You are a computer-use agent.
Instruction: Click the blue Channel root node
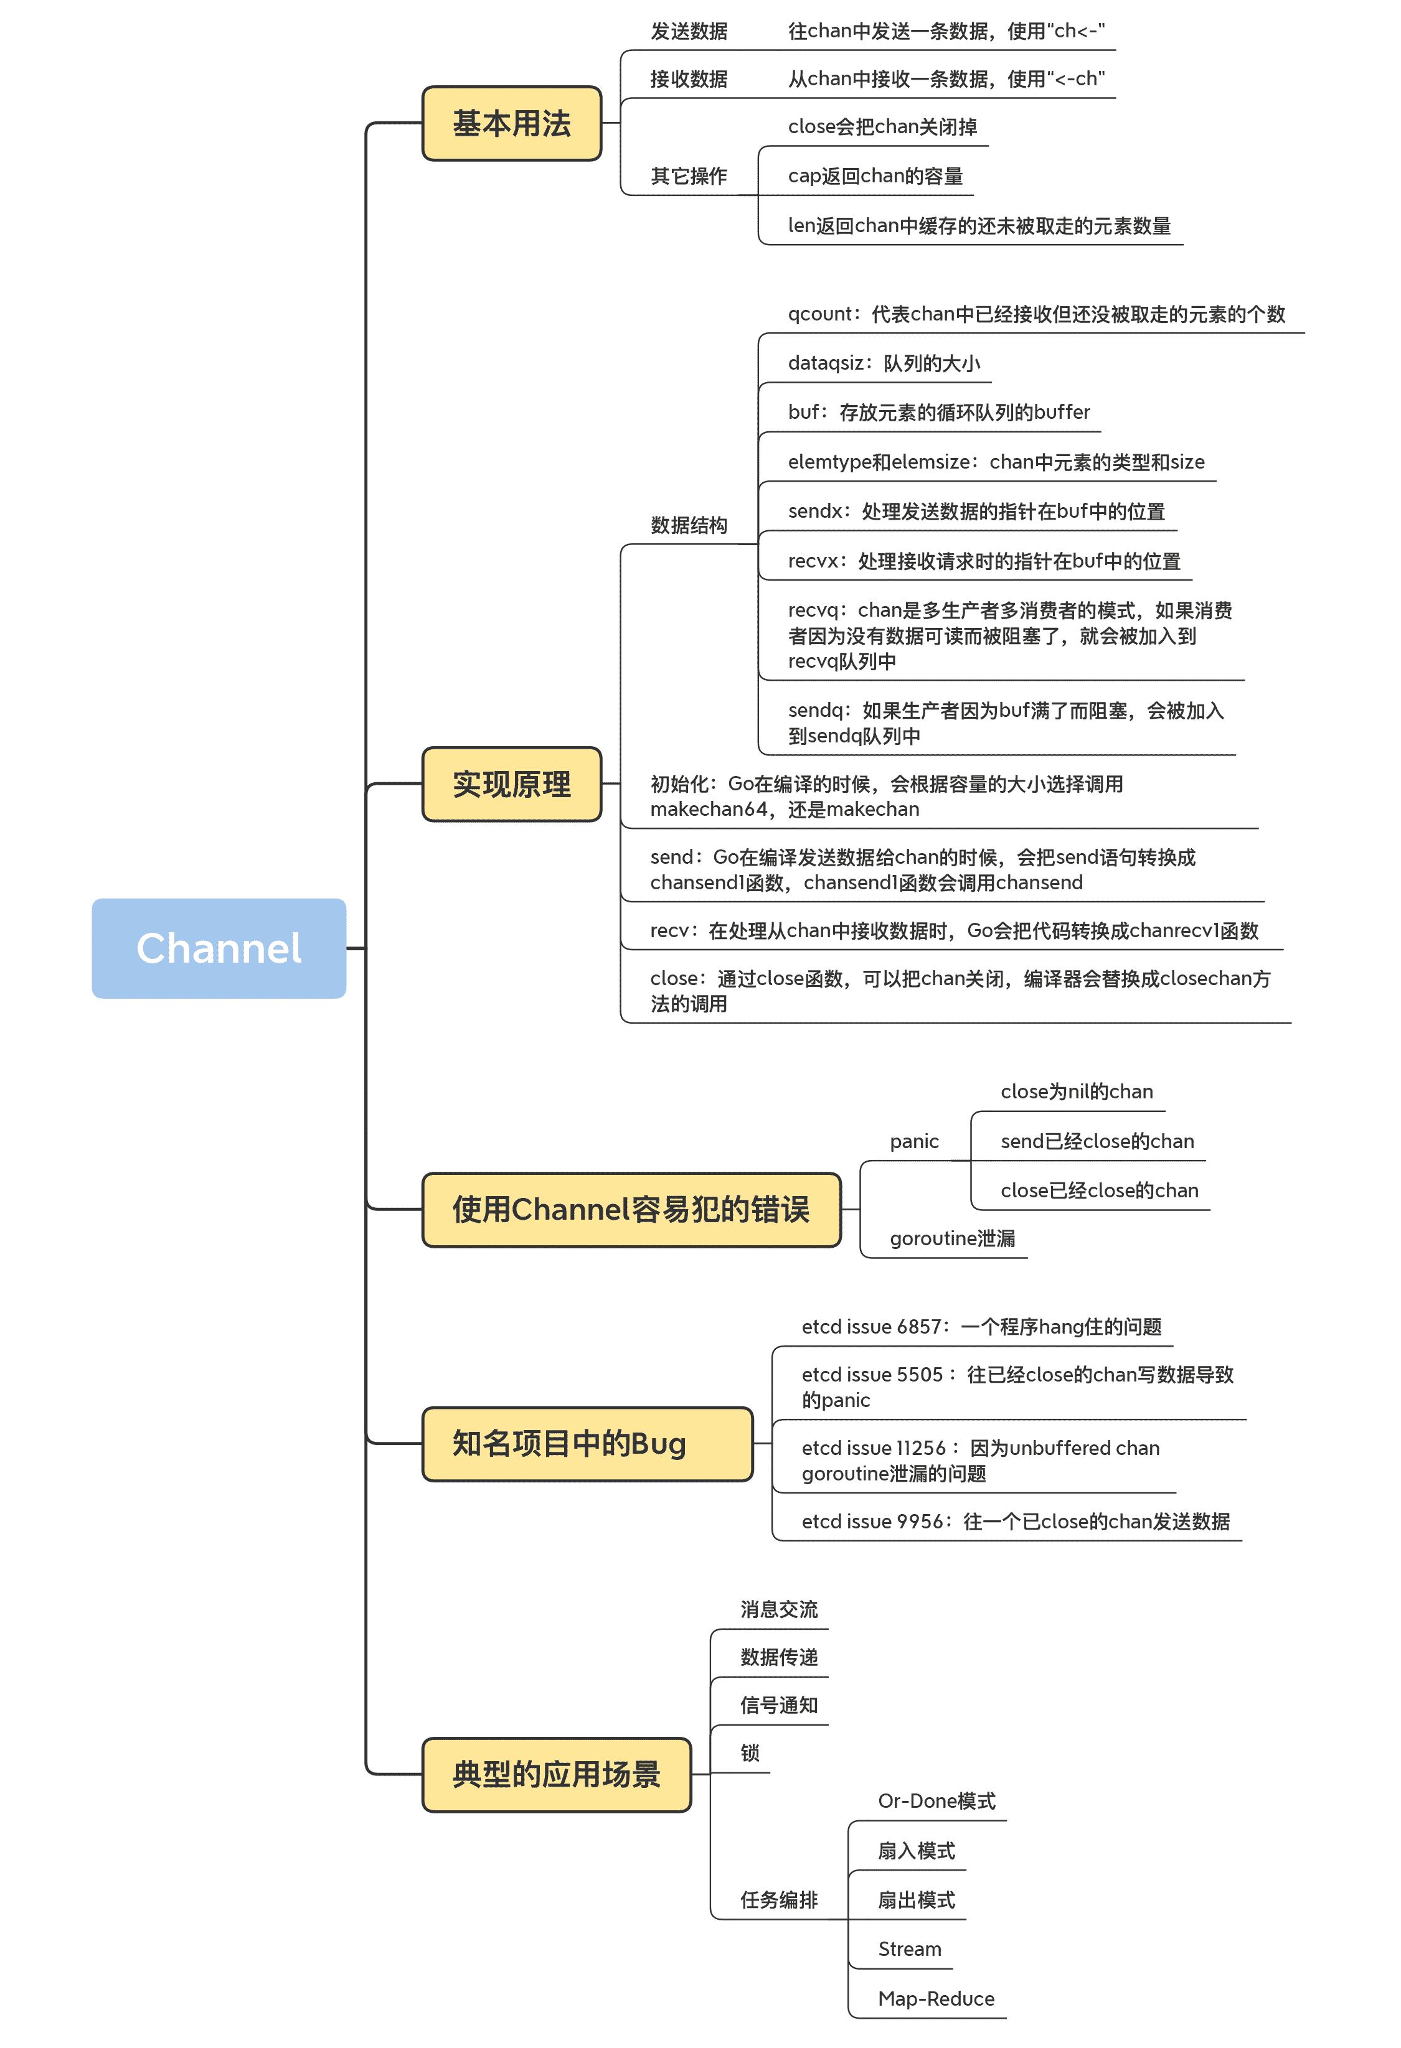[219, 948]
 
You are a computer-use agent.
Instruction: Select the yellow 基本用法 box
[511, 123]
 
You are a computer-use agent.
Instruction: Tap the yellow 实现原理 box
[511, 784]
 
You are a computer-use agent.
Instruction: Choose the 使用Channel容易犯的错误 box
[631, 1209]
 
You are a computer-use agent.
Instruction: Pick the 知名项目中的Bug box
[587, 1444]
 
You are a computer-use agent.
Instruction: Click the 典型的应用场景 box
[556, 1774]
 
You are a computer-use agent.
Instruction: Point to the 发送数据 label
[689, 32]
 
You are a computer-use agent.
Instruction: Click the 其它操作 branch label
[689, 176]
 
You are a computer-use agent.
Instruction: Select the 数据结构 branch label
[689, 525]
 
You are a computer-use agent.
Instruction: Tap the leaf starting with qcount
[1036, 315]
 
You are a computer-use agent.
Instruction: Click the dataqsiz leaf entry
[884, 363]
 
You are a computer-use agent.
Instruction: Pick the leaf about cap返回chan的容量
[875, 176]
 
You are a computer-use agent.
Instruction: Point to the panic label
[914, 1141]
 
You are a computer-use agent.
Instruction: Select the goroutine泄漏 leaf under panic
[952, 1238]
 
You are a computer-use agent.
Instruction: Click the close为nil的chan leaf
[1077, 1092]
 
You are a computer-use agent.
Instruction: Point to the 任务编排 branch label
[778, 1900]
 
